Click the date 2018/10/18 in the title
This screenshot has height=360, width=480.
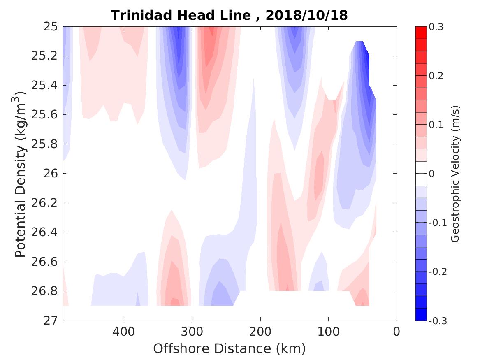pyautogui.click(x=307, y=16)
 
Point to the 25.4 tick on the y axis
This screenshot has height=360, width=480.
pyautogui.click(x=46, y=86)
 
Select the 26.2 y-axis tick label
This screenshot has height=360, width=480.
pyautogui.click(x=46, y=203)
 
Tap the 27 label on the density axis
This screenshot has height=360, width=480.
pyautogui.click(x=50, y=321)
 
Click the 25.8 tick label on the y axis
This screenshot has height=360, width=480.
pyautogui.click(x=46, y=144)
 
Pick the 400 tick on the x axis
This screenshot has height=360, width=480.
pyautogui.click(x=124, y=332)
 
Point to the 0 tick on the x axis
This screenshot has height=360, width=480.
pyautogui.click(x=397, y=332)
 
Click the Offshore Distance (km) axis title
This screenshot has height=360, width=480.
pyautogui.click(x=230, y=349)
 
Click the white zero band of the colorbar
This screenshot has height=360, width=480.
pyautogui.click(x=421, y=174)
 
